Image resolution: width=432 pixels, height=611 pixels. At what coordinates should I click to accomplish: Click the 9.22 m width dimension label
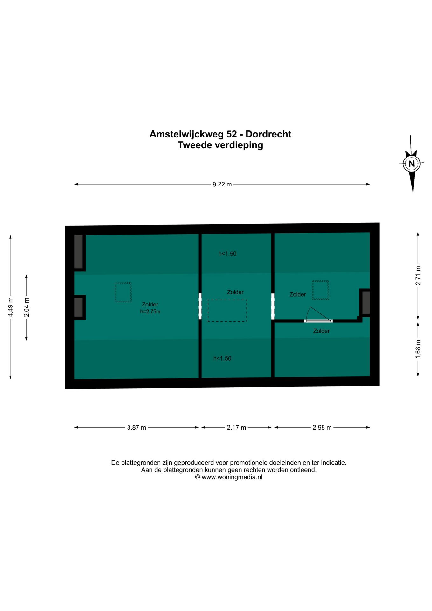pyautogui.click(x=222, y=185)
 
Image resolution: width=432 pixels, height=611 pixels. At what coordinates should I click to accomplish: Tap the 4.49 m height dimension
pyautogui.click(x=10, y=307)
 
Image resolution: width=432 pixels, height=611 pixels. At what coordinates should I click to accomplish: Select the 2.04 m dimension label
pyautogui.click(x=27, y=307)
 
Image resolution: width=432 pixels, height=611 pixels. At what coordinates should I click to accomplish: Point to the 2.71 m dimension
pyautogui.click(x=418, y=276)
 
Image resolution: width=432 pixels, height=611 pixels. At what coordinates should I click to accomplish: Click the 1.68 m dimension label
pyautogui.click(x=418, y=349)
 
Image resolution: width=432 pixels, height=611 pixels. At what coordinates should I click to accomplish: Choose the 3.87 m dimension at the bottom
pyautogui.click(x=136, y=428)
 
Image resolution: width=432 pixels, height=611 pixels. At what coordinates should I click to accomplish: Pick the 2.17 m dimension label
pyautogui.click(x=236, y=428)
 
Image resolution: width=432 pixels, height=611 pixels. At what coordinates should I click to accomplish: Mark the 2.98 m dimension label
pyautogui.click(x=322, y=428)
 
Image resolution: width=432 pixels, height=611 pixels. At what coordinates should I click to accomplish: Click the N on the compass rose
pyautogui.click(x=412, y=164)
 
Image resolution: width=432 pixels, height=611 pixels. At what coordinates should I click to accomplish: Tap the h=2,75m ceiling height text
pyautogui.click(x=150, y=312)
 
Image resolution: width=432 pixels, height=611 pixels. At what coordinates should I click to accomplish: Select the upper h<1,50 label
pyautogui.click(x=227, y=254)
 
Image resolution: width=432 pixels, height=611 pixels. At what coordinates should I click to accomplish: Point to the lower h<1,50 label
pyautogui.click(x=222, y=359)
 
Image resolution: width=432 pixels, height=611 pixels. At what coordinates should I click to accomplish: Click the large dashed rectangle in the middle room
pyautogui.click(x=227, y=311)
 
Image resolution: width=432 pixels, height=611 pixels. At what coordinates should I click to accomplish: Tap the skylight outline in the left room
pyautogui.click(x=123, y=292)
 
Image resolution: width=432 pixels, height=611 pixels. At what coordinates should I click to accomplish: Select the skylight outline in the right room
pyautogui.click(x=320, y=290)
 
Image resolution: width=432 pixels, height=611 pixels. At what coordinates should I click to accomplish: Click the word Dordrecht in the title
pyautogui.click(x=268, y=134)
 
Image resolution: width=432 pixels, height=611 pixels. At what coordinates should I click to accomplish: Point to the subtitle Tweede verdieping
pyautogui.click(x=220, y=145)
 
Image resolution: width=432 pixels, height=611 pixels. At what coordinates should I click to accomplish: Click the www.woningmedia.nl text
pyautogui.click(x=232, y=477)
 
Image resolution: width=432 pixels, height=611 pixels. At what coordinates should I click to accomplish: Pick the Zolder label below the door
pyautogui.click(x=321, y=331)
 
